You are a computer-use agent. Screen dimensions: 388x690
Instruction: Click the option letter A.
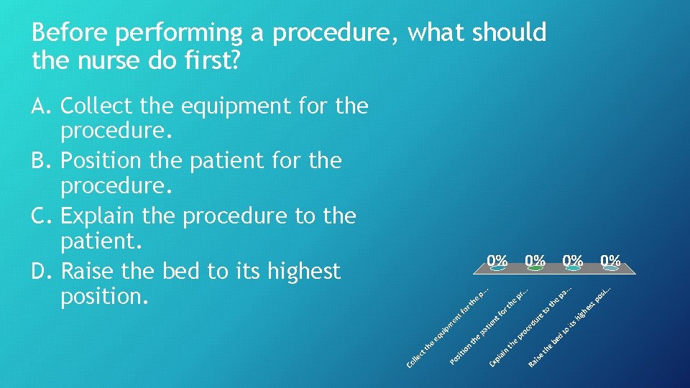pyautogui.click(x=42, y=107)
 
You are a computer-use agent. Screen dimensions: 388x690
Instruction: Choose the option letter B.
pyautogui.click(x=42, y=161)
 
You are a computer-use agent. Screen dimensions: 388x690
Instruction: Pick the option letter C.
pyautogui.click(x=42, y=216)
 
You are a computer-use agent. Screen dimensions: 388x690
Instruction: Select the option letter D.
pyautogui.click(x=42, y=272)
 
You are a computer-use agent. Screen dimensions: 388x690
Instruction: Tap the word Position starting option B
pyautogui.click(x=121, y=161)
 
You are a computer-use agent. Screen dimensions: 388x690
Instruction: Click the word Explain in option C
pyautogui.click(x=107, y=216)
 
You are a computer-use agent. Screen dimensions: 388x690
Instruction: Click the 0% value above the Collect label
pyautogui.click(x=497, y=259)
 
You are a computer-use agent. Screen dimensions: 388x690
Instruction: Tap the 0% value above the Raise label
pyautogui.click(x=611, y=259)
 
